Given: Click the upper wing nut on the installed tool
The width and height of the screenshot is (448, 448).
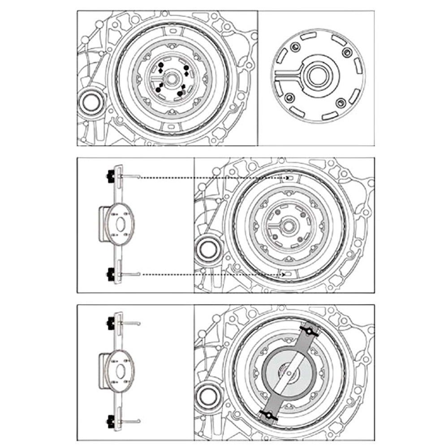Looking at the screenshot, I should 309,331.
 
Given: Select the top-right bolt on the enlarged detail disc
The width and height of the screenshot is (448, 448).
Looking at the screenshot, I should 345,52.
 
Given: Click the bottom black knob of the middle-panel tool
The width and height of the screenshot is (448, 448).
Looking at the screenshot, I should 109,274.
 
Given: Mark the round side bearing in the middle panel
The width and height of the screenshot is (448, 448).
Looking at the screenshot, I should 207,250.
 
